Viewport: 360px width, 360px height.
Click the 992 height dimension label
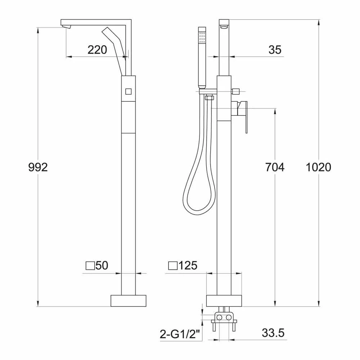click(38, 167)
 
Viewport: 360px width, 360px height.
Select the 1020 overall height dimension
click(318, 167)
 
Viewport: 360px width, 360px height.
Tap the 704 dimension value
click(275, 167)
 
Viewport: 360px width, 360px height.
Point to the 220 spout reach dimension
click(97, 50)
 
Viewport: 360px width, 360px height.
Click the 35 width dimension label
click(275, 50)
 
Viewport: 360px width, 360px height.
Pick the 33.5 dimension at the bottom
click(273, 333)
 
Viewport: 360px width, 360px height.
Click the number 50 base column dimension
click(102, 266)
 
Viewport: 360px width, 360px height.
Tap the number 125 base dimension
click(188, 266)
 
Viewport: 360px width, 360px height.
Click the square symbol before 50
click(90, 266)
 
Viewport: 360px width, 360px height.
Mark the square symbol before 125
click(173, 266)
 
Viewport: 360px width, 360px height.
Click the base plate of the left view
click(129, 301)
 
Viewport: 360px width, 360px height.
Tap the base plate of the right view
click(224, 301)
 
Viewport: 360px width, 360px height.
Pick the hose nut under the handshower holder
click(209, 97)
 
